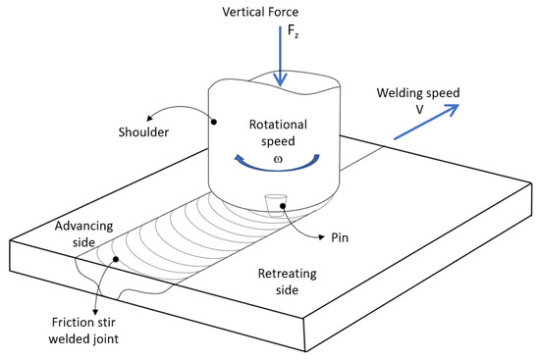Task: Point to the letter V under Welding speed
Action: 418,111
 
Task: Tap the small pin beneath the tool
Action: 274,202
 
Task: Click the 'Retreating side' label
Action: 294,282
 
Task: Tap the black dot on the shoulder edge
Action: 212,122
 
